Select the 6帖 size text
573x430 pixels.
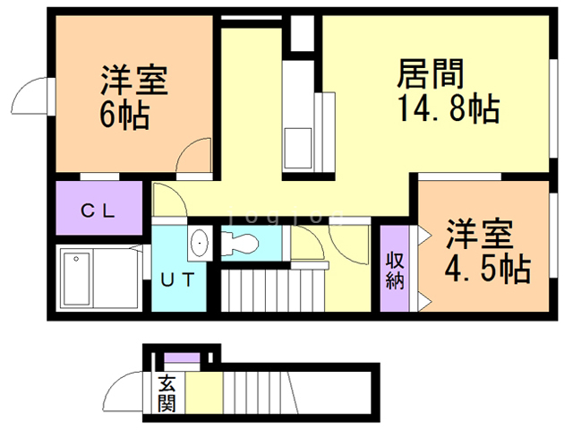pos(124,115)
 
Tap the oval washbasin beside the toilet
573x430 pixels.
pos(200,242)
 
